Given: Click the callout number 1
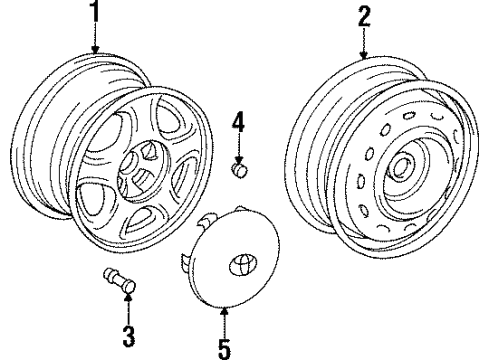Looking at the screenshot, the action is point(95,11).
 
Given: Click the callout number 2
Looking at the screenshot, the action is point(364,17).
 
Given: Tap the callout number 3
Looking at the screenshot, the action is point(128,337).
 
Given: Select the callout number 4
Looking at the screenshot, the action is point(238,122).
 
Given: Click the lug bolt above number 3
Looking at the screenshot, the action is point(120,282).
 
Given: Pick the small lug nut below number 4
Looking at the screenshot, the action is point(239,170).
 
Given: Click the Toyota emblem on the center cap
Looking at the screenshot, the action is point(240,264).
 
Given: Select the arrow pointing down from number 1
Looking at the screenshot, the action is point(96,38).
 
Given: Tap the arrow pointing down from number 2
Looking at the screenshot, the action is point(364,44).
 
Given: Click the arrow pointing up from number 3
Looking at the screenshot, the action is point(128,309).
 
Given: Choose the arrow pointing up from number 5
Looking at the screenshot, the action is point(224,323).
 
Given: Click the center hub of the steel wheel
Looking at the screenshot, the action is point(401,168).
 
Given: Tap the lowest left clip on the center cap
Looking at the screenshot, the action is point(185,262).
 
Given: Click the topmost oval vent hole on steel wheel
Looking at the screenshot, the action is point(409,115).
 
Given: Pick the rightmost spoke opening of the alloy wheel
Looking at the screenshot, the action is point(183,178).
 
